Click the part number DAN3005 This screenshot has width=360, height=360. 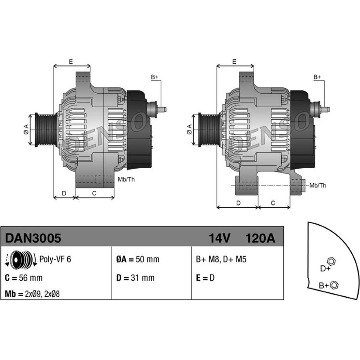click(x=33, y=238)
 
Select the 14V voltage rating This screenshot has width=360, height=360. click(x=219, y=238)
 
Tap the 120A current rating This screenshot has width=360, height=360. click(x=260, y=238)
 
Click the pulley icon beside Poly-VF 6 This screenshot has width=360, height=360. click(x=21, y=260)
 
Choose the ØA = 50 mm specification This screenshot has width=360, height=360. click(x=138, y=259)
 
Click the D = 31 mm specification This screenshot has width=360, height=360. click(x=135, y=278)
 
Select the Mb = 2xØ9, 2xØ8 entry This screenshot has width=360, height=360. click(x=32, y=294)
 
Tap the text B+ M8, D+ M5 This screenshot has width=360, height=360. click(x=221, y=259)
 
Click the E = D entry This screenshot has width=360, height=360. click(x=205, y=278)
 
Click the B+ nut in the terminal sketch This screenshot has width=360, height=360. click(x=334, y=285)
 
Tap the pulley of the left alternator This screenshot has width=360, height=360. click(x=46, y=130)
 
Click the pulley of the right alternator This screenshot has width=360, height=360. click(x=209, y=130)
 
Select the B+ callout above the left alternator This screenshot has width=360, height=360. click(x=154, y=77)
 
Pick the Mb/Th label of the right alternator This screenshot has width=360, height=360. click(x=318, y=185)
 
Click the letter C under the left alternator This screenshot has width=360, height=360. click(x=94, y=193)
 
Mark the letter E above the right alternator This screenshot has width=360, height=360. click(x=234, y=62)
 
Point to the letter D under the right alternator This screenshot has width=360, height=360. click(x=239, y=203)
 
